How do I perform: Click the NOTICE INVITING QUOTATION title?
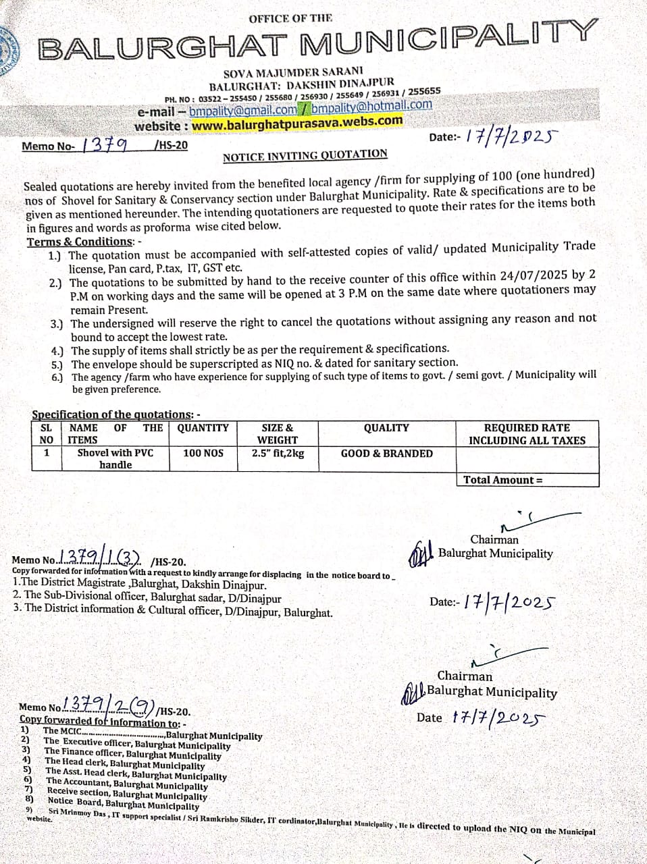(x=305, y=155)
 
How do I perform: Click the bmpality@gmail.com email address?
(x=242, y=111)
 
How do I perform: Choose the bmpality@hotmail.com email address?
(x=371, y=106)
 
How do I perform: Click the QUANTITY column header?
(x=203, y=428)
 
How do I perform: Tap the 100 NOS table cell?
(x=203, y=453)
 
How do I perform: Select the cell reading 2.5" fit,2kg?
(x=278, y=454)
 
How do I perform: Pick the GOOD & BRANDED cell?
(x=386, y=454)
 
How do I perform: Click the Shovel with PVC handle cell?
(x=115, y=458)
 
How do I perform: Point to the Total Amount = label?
(x=502, y=480)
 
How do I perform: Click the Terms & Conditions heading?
(x=80, y=242)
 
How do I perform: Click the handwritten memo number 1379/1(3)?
(x=101, y=557)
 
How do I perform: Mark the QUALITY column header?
(x=386, y=428)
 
